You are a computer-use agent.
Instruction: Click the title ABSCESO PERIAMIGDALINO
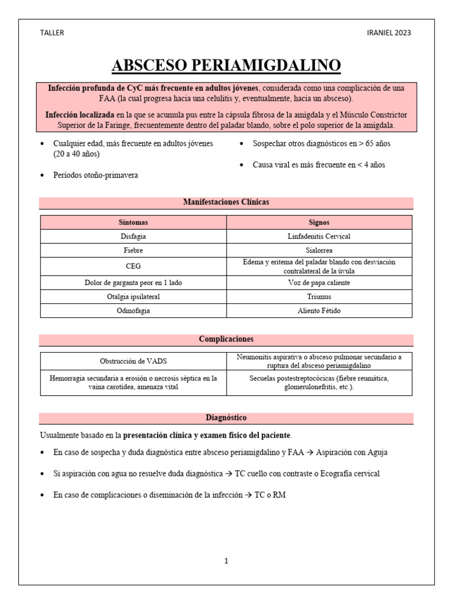[226, 65]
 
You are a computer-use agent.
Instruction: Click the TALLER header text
[51, 33]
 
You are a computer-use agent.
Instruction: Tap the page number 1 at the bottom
[226, 561]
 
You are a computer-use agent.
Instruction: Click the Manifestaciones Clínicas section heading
[226, 202]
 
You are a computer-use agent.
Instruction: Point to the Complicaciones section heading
[226, 339]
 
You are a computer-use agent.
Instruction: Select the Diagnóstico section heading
[226, 418]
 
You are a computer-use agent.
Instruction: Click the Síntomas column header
[133, 223]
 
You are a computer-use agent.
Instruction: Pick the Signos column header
[319, 223]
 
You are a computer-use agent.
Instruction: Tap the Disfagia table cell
[133, 236]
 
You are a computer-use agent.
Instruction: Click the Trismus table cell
[319, 297]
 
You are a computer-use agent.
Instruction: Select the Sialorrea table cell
[319, 250]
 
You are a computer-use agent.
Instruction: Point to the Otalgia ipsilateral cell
[133, 297]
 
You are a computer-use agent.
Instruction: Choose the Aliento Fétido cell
[319, 311]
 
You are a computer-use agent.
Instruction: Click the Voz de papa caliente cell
[319, 283]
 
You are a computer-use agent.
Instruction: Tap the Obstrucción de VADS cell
[133, 361]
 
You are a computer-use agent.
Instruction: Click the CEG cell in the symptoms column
[133, 266]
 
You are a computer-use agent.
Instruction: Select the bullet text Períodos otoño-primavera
[95, 175]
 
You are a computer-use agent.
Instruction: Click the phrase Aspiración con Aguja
[352, 452]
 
